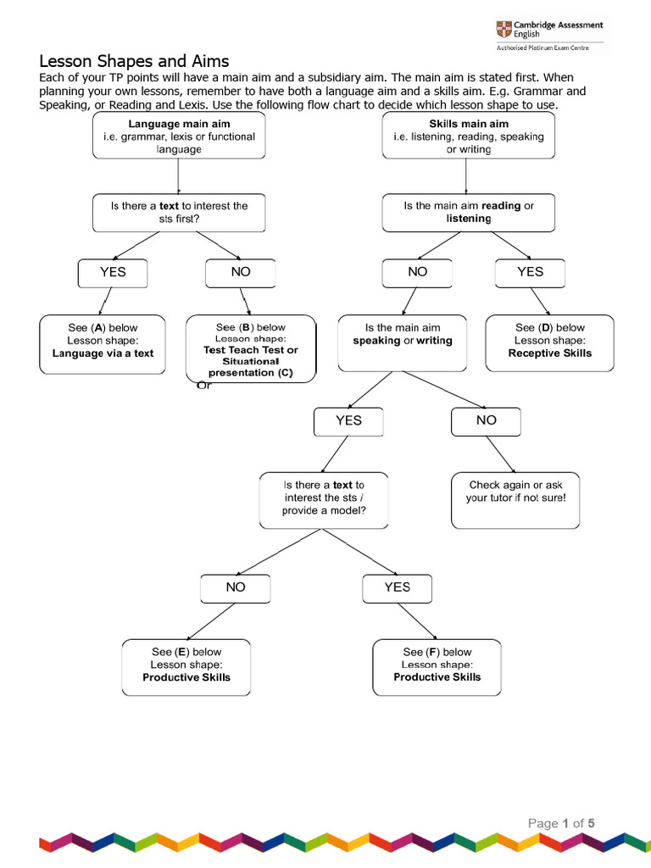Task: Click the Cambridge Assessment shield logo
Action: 504,29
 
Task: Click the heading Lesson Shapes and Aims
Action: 134,61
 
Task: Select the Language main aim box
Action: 179,136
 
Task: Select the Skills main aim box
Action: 468,136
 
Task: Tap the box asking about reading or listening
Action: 468,213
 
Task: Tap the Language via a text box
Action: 103,344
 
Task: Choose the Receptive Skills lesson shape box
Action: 549,343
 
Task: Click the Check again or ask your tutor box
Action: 515,500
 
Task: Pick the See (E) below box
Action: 186,668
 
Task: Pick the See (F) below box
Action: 437,668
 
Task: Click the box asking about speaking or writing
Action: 403,343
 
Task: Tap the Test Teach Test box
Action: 251,348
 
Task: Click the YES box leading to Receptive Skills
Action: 531,273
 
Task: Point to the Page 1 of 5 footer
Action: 561,823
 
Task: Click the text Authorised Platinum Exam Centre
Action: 542,47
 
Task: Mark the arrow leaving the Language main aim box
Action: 178,176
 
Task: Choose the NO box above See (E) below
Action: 236,588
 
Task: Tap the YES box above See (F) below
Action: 398,588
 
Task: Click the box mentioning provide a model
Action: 324,500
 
